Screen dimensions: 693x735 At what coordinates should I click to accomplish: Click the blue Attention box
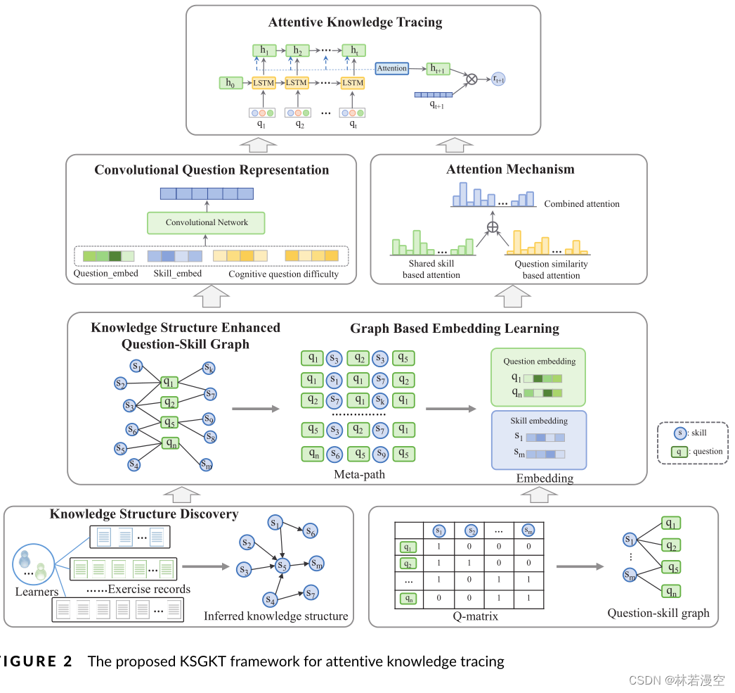pyautogui.click(x=391, y=68)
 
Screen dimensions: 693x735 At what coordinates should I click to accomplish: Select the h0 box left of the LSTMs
pyautogui.click(x=228, y=83)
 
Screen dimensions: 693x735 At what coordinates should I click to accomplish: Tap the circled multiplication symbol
pyautogui.click(x=472, y=79)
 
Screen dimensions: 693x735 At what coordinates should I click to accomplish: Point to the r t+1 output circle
pyautogui.click(x=498, y=80)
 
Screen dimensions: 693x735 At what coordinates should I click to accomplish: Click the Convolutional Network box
pyautogui.click(x=207, y=223)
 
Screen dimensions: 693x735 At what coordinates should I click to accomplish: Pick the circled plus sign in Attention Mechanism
pyautogui.click(x=493, y=227)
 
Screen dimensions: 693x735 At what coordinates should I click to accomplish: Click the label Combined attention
pyautogui.click(x=582, y=204)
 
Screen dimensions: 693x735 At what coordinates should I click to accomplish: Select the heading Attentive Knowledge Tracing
pyautogui.click(x=355, y=23)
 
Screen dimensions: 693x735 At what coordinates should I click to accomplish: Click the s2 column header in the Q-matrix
pyautogui.click(x=471, y=530)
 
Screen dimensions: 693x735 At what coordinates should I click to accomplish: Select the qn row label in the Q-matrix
pyautogui.click(x=408, y=599)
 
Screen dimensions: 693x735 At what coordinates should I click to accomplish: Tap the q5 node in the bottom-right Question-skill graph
pyautogui.click(x=671, y=567)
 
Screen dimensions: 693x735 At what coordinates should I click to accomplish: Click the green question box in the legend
pyautogui.click(x=678, y=452)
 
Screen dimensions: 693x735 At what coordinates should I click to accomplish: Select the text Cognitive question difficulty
pyautogui.click(x=283, y=274)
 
